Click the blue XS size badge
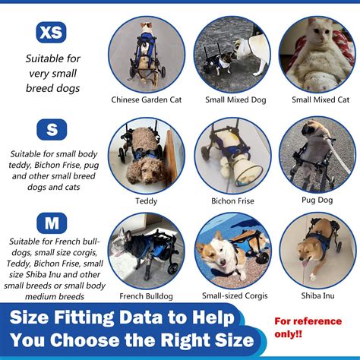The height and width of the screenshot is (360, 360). point(52,32)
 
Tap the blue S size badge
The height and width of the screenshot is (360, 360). point(52,130)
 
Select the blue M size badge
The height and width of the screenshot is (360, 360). point(52,224)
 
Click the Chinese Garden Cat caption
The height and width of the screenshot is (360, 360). point(146,99)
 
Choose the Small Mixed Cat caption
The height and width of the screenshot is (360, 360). point(318,99)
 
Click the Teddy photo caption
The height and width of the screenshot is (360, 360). point(146,201)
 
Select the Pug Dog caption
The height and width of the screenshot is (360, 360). point(318,201)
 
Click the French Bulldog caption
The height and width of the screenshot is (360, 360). point(146,296)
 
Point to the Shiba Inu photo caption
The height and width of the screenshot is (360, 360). point(318,296)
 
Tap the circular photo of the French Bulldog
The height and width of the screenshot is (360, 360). point(146,251)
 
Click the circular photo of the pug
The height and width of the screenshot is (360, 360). point(318,155)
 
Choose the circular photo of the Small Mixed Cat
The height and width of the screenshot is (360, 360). point(318,53)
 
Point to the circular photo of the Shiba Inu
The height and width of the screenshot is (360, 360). point(318,251)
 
